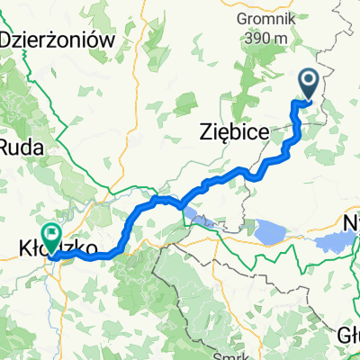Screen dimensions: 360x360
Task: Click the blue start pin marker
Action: pos(307,85)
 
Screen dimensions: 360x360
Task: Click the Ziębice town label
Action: pos(232,133)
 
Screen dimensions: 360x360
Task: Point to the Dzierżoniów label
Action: pos(59,40)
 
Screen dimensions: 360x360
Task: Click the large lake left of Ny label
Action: pos(333,241)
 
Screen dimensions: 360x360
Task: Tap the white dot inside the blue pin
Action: pos(307,83)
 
